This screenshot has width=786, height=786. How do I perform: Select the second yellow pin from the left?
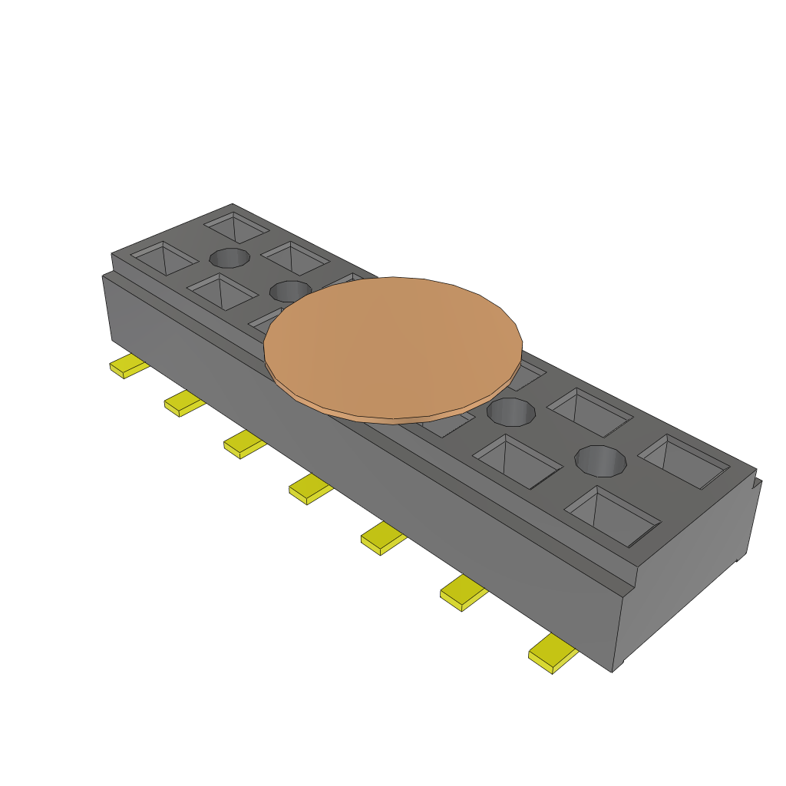click(x=183, y=403)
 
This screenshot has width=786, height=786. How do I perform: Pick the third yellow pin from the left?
click(x=243, y=444)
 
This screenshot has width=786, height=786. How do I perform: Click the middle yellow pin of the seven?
click(x=309, y=489)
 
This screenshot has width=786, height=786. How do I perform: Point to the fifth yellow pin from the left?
click(x=383, y=538)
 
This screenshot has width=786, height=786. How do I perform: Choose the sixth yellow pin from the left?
click(x=463, y=593)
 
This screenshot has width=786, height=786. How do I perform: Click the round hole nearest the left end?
click(x=230, y=258)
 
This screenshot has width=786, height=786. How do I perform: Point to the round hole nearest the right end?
click(x=601, y=461)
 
